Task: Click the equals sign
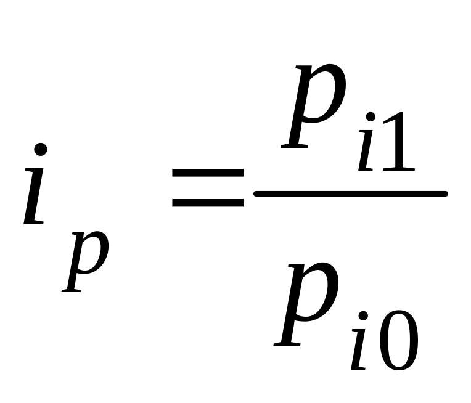click(x=208, y=188)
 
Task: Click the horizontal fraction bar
click(x=350, y=194)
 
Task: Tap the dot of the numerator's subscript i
click(x=370, y=116)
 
